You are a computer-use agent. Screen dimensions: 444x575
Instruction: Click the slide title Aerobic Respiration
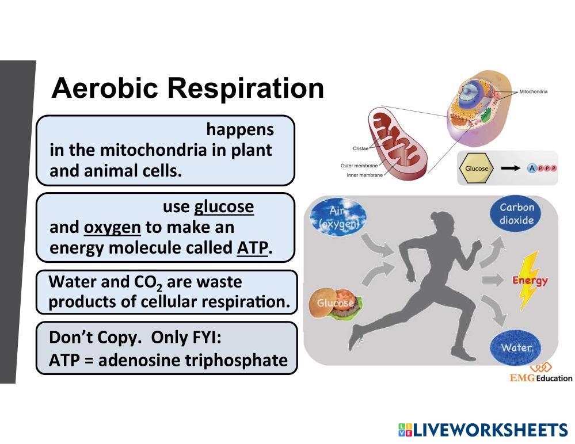(188, 89)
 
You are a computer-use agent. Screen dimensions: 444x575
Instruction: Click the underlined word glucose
(224, 206)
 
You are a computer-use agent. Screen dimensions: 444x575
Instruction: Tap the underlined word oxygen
(112, 227)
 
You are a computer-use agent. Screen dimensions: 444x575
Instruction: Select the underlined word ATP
(252, 248)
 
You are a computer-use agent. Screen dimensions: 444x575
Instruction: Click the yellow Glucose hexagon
(477, 169)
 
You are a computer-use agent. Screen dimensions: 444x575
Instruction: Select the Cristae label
(360, 148)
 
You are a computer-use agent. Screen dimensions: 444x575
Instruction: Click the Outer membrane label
(359, 166)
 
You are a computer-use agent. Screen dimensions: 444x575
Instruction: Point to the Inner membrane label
(364, 175)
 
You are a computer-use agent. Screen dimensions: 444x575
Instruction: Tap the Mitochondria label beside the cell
(533, 91)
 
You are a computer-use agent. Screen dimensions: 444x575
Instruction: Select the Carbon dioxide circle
(516, 214)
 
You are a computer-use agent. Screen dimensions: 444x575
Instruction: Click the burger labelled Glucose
(337, 303)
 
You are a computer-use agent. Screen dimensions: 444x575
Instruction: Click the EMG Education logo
(540, 373)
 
